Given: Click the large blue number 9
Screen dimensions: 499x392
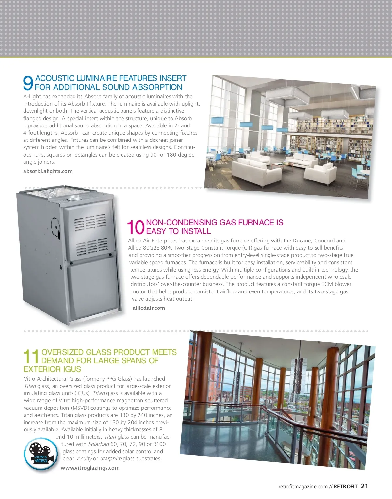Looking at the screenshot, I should [28, 83].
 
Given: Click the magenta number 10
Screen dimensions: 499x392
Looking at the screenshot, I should [136, 227].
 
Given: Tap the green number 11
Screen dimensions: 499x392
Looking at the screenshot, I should [31, 357].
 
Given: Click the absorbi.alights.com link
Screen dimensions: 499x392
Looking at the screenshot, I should [48, 171].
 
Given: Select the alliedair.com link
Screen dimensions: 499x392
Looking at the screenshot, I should [149, 308].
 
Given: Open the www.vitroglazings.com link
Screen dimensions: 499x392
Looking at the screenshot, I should [90, 468].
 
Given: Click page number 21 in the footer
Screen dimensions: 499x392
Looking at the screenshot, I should [364, 486].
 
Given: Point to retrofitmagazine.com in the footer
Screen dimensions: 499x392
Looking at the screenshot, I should [303, 486].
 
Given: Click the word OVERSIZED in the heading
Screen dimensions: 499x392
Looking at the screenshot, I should [62, 352].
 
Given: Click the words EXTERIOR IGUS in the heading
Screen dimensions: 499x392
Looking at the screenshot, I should [52, 369].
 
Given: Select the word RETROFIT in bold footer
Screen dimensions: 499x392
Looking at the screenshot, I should [346, 486].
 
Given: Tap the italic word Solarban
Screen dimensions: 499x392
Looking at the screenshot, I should [98, 444].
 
